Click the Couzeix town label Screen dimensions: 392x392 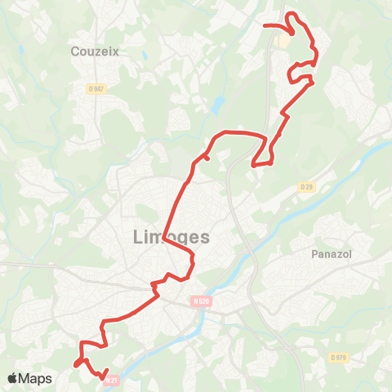(x=96, y=50)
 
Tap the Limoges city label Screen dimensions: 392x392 (x=170, y=237)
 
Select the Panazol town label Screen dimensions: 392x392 (x=331, y=254)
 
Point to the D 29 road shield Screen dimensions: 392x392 (x=306, y=187)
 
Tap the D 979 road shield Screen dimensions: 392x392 (x=339, y=358)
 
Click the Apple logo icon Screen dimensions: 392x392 (x=13, y=378)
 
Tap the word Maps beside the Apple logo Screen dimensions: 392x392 (x=36, y=378)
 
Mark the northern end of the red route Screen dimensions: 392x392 (x=263, y=25)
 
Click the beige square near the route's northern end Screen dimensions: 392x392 (x=283, y=39)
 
